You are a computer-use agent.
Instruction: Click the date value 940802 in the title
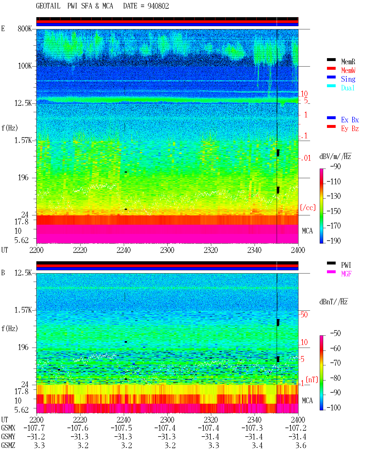click(158, 6)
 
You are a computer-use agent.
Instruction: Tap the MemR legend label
click(348, 62)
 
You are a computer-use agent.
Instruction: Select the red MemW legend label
click(348, 70)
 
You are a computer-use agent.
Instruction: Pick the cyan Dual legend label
click(348, 88)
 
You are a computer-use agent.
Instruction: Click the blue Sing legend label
click(348, 79)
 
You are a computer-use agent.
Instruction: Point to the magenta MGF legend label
click(346, 274)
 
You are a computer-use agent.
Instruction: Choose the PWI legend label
click(346, 265)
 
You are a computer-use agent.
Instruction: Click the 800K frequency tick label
click(25, 28)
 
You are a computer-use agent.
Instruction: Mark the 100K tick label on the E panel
click(25, 66)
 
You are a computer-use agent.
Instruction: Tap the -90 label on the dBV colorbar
click(335, 167)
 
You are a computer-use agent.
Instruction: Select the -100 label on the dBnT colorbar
click(334, 407)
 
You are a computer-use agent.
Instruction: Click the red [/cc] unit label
click(308, 208)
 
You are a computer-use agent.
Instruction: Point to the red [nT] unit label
click(312, 380)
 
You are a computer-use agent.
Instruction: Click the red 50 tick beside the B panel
click(304, 315)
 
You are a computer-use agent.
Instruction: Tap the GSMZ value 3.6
click(301, 445)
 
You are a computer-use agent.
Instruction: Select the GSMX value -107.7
click(34, 428)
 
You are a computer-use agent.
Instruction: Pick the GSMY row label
click(8, 437)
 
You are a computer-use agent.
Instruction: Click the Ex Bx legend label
click(350, 120)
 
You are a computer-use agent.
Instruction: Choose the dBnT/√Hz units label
click(334, 302)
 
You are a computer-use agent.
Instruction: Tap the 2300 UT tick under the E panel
click(167, 250)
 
